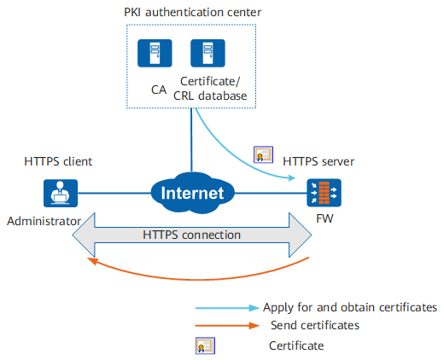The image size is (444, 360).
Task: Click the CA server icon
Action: (x=155, y=53)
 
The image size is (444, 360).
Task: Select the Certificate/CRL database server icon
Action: (x=207, y=53)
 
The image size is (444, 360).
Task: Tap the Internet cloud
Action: (x=192, y=193)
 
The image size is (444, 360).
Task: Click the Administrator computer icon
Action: (x=61, y=193)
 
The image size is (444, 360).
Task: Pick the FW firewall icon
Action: (x=324, y=193)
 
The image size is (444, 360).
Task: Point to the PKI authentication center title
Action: (x=192, y=12)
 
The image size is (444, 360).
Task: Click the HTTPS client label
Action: (x=58, y=161)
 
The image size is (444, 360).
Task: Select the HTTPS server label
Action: (x=318, y=161)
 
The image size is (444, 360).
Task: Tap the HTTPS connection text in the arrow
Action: (x=191, y=235)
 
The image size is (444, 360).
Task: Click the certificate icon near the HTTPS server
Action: (x=263, y=154)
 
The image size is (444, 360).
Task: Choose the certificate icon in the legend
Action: (x=205, y=345)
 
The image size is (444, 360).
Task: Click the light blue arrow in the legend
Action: (x=227, y=308)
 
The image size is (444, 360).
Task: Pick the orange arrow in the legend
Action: (x=227, y=325)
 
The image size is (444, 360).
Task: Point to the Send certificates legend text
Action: (x=315, y=325)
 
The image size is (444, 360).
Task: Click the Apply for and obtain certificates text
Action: (x=350, y=307)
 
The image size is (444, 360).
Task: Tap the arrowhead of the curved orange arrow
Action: (x=91, y=260)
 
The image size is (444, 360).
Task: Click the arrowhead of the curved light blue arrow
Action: (x=292, y=178)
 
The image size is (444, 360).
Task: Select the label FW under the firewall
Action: (x=324, y=218)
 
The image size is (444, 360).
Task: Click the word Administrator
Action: (x=44, y=221)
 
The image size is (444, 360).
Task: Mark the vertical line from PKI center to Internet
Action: (x=191, y=140)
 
